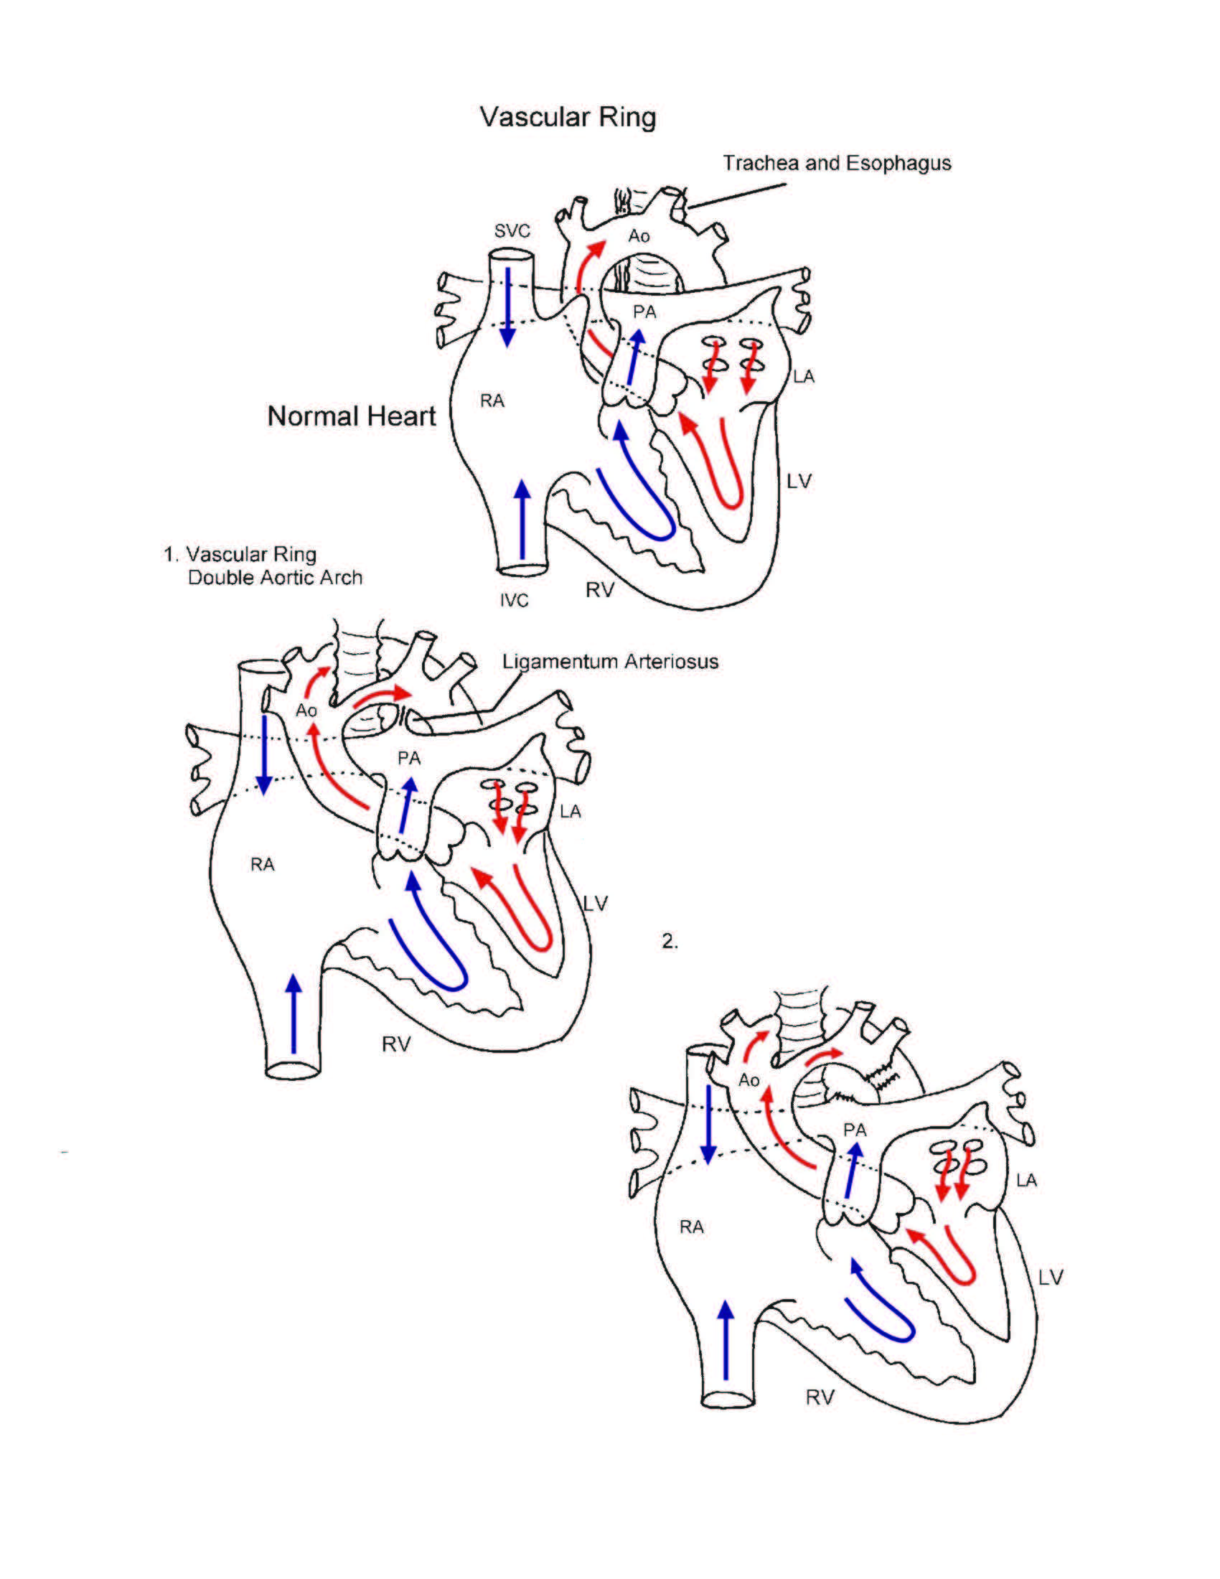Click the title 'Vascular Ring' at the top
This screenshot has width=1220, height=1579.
point(568,117)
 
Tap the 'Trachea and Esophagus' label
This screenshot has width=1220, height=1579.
point(836,164)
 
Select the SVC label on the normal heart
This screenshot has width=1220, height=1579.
point(512,231)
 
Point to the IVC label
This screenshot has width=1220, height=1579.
point(514,601)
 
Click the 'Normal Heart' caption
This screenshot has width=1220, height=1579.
point(351,416)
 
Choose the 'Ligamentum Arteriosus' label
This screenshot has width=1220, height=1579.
point(610,662)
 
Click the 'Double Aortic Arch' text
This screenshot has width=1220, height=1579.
point(275,578)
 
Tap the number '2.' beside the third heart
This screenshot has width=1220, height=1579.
point(670,942)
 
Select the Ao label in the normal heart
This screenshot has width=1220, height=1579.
point(638,236)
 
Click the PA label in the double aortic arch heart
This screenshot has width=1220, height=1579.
point(409,759)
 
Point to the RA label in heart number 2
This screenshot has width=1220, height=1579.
point(691,1227)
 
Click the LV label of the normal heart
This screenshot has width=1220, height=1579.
point(799,482)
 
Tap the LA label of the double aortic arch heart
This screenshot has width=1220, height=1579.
point(571,812)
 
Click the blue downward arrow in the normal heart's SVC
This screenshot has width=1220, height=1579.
point(507,306)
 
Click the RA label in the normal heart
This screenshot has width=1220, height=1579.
point(492,401)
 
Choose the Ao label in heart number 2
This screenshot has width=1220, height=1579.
point(749,1080)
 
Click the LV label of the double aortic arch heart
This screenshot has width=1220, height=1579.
point(596,903)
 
